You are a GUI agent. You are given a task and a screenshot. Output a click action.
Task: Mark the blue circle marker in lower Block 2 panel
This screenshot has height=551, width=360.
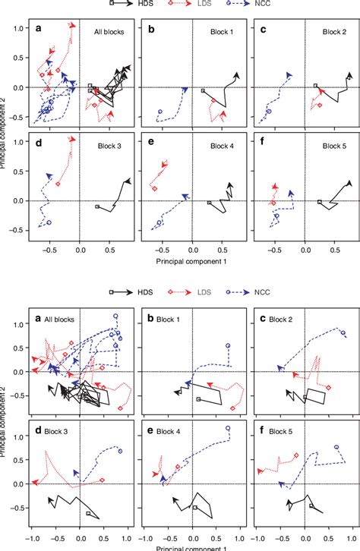pos(343,332)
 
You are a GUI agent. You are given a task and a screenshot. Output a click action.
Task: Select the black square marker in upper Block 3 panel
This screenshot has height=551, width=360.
pos(97,206)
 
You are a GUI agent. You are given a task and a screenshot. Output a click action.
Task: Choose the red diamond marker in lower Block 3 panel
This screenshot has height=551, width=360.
pos(103,480)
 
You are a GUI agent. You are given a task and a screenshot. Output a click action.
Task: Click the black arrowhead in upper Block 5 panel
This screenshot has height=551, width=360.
pos(349,183)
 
